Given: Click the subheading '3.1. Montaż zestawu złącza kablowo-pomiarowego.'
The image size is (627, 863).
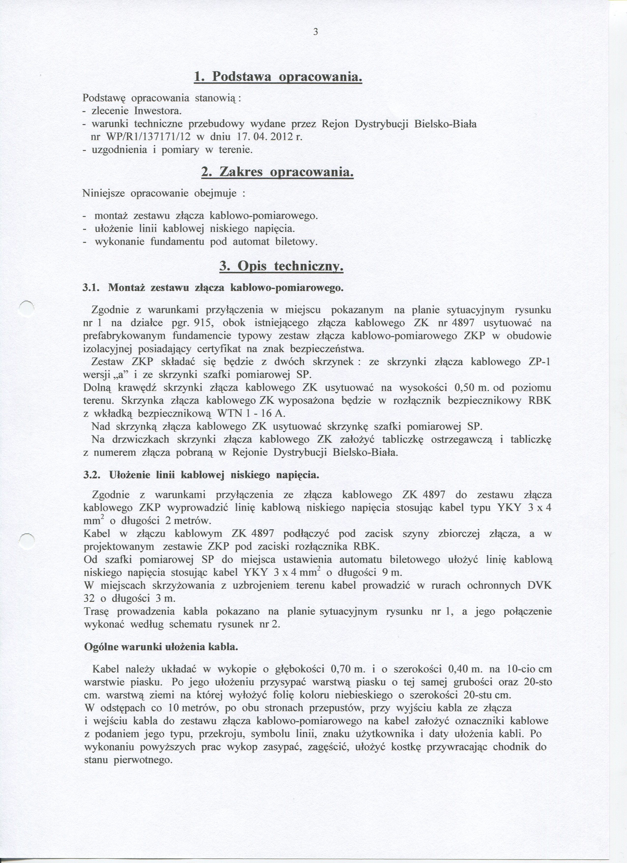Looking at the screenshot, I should [x=213, y=288].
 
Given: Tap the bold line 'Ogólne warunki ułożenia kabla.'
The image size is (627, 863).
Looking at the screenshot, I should [x=161, y=647].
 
